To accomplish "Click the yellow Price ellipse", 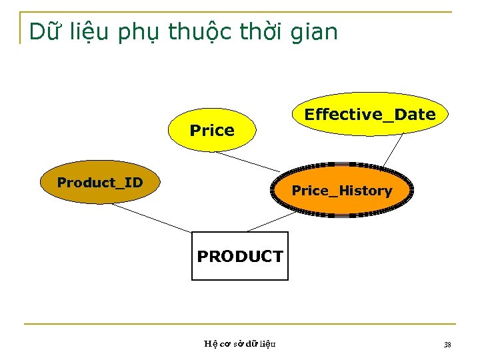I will (x=212, y=130).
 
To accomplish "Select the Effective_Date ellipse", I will (x=370, y=114).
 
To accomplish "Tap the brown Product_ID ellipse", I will (x=100, y=182).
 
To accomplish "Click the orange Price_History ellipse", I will (x=342, y=191).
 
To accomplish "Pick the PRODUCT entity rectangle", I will (x=240, y=256).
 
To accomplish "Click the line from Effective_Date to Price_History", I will (x=393, y=150).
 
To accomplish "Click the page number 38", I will (x=447, y=344).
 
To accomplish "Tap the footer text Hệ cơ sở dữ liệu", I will (x=240, y=344).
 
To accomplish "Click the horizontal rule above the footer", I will (x=240, y=324).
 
